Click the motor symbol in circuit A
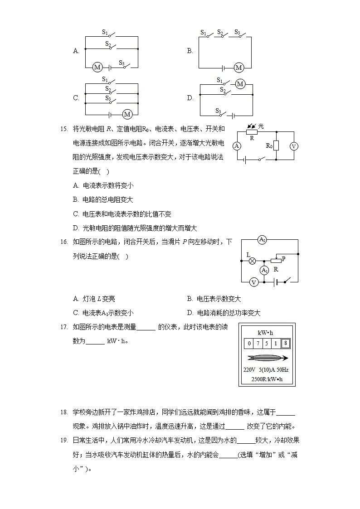(x=97, y=68)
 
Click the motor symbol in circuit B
(x=238, y=68)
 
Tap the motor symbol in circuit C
(x=127, y=114)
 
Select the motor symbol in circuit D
(x=240, y=84)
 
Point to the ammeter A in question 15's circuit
(x=236, y=146)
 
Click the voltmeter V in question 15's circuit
(x=293, y=146)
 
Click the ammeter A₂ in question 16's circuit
(x=262, y=240)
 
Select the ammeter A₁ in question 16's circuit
(x=264, y=271)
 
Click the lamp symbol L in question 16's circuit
(x=252, y=261)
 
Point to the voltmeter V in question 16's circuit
(x=254, y=282)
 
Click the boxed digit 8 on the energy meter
(x=285, y=343)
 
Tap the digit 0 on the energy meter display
(x=249, y=343)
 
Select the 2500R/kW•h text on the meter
(x=267, y=379)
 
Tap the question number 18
(x=63, y=412)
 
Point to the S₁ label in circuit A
(x=105, y=32)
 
